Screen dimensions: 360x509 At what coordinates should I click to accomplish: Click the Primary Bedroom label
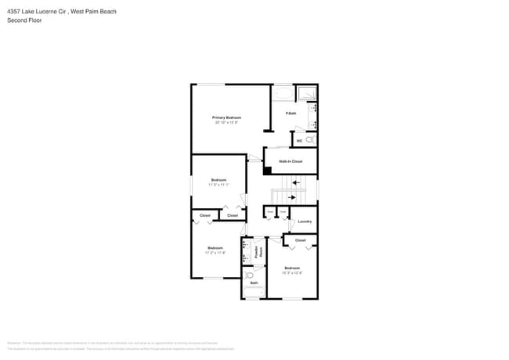226,117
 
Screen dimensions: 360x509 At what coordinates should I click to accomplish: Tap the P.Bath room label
291,114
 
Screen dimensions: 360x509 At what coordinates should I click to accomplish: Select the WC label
299,141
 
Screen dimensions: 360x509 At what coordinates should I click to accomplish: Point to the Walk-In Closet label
291,161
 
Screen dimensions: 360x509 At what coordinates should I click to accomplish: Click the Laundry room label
305,221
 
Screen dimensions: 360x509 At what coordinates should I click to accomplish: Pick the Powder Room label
258,251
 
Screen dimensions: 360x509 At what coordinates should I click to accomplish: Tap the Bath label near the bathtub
254,283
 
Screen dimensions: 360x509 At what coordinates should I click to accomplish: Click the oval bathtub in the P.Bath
283,94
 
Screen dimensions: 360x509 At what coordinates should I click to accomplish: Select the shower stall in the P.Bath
307,93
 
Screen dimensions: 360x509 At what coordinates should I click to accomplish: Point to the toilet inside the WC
310,139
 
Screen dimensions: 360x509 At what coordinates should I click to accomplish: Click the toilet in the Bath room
248,274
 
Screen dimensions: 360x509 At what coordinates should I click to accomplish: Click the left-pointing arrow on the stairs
295,182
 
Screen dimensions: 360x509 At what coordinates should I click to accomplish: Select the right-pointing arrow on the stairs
293,197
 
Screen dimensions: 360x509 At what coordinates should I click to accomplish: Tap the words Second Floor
24,20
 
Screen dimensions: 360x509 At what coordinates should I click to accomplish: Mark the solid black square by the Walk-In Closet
267,170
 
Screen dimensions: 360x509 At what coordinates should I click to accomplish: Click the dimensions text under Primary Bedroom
226,122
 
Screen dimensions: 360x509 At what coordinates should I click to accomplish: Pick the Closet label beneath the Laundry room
300,239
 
